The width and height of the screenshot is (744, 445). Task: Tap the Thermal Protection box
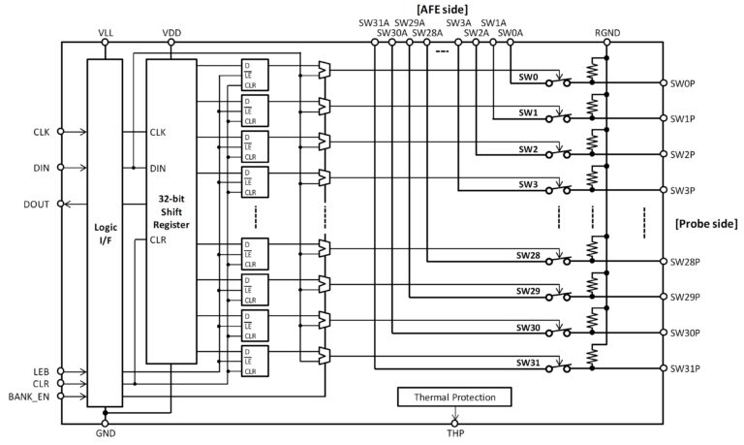(453, 397)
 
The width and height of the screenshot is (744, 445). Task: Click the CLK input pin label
(41, 132)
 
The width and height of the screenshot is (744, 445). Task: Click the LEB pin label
(41, 371)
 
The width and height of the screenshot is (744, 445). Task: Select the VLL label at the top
(106, 32)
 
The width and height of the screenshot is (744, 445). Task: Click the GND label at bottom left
(106, 434)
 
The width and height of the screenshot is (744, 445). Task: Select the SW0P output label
(684, 83)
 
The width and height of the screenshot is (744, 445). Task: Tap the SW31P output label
(686, 368)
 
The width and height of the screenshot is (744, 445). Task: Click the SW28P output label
(686, 262)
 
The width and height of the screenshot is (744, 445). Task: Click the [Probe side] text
(705, 224)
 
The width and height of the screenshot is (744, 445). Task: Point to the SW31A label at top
(372, 21)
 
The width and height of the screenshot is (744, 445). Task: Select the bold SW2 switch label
(528, 149)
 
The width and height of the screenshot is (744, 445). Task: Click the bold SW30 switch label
(528, 328)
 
